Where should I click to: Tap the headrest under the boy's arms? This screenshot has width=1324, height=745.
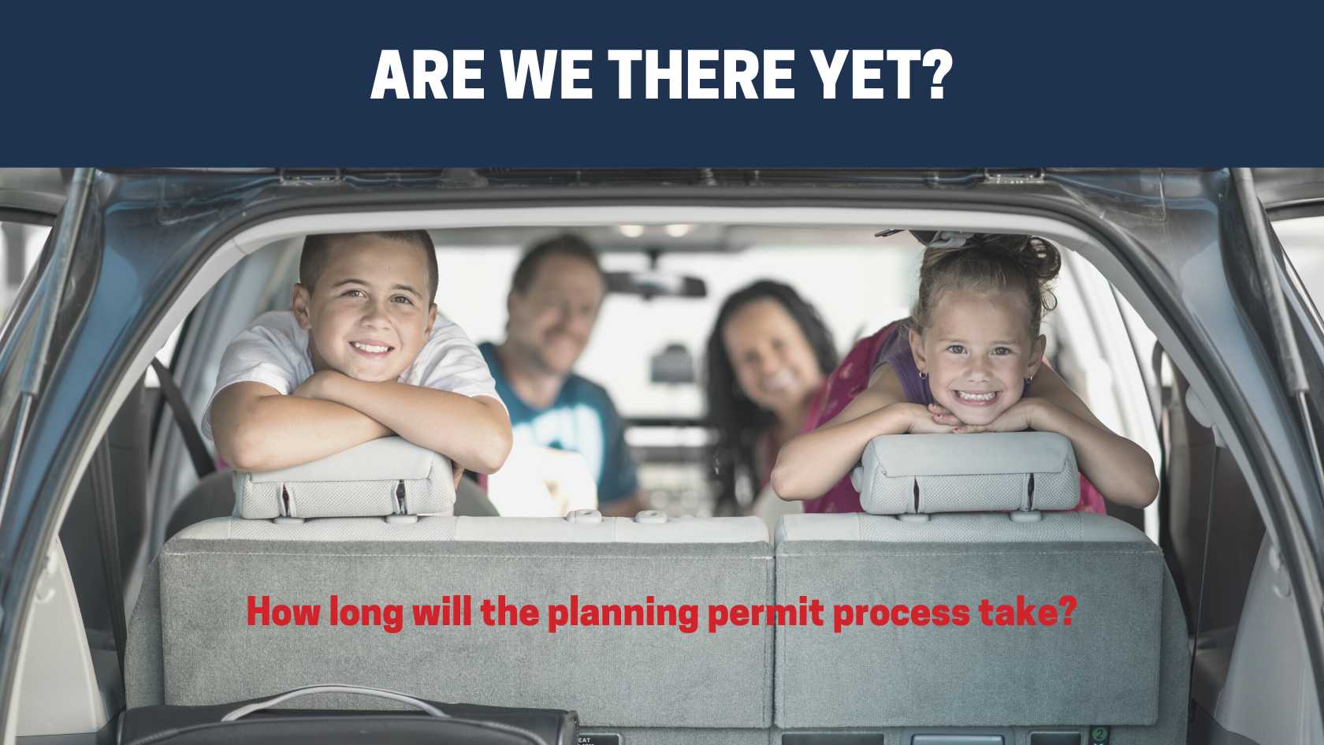click(x=347, y=478)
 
